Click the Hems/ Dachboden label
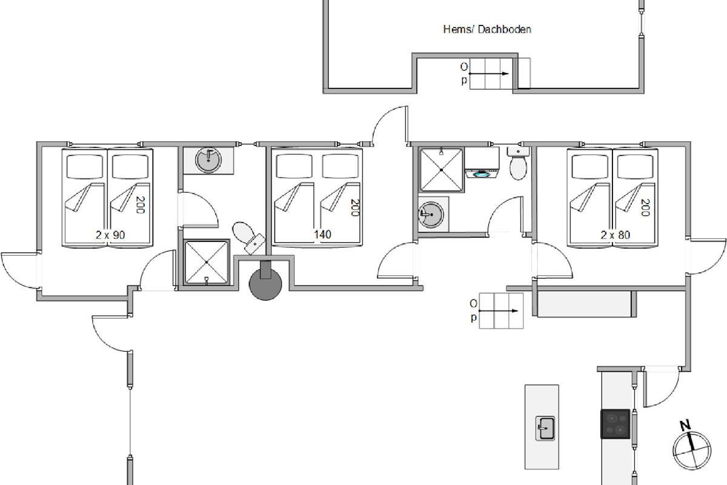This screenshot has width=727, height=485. (487, 30)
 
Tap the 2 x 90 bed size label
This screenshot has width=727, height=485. (110, 235)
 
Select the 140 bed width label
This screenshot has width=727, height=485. (322, 234)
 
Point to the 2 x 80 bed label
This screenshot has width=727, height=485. (616, 235)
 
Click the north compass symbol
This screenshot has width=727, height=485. (692, 449)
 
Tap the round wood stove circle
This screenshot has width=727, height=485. (265, 284)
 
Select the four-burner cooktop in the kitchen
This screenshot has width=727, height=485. (616, 424)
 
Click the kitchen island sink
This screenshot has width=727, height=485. (545, 428)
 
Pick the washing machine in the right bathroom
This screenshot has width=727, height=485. (482, 161)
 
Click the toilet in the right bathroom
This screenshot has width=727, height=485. (518, 164)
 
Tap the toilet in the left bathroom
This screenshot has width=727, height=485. (248, 238)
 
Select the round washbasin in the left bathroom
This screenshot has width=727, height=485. (208, 160)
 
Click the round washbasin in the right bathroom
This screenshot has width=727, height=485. (431, 215)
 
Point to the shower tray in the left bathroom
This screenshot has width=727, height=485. (207, 262)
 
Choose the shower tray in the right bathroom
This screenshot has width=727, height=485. (442, 170)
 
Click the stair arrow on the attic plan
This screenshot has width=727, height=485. (489, 74)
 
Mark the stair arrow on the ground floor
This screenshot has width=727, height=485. (499, 311)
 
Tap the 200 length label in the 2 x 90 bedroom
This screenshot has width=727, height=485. (140, 205)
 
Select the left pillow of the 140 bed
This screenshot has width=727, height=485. (294, 166)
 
